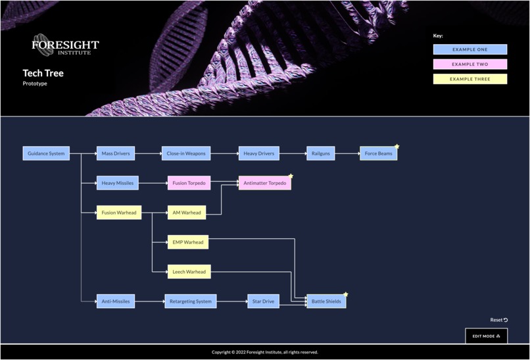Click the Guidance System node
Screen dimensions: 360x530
[46, 153]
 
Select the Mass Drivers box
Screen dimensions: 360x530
[116, 153]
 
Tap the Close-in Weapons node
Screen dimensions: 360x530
[186, 153]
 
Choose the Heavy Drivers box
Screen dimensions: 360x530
[258, 153]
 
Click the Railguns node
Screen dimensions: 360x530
[320, 153]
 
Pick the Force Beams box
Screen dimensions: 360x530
[378, 153]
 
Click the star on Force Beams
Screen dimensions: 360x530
[397, 147]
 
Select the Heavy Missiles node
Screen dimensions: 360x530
[118, 183]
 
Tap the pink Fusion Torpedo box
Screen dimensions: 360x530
[189, 183]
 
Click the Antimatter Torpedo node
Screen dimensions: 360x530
[264, 183]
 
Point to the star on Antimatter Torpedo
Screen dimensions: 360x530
[291, 176]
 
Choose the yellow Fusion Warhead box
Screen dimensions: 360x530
[119, 213]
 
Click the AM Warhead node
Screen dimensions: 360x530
[186, 213]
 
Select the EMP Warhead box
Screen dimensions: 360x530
[187, 242]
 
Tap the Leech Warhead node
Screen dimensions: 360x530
[189, 272]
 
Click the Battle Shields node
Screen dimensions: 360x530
[326, 301]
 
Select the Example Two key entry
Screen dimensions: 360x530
[470, 64]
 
